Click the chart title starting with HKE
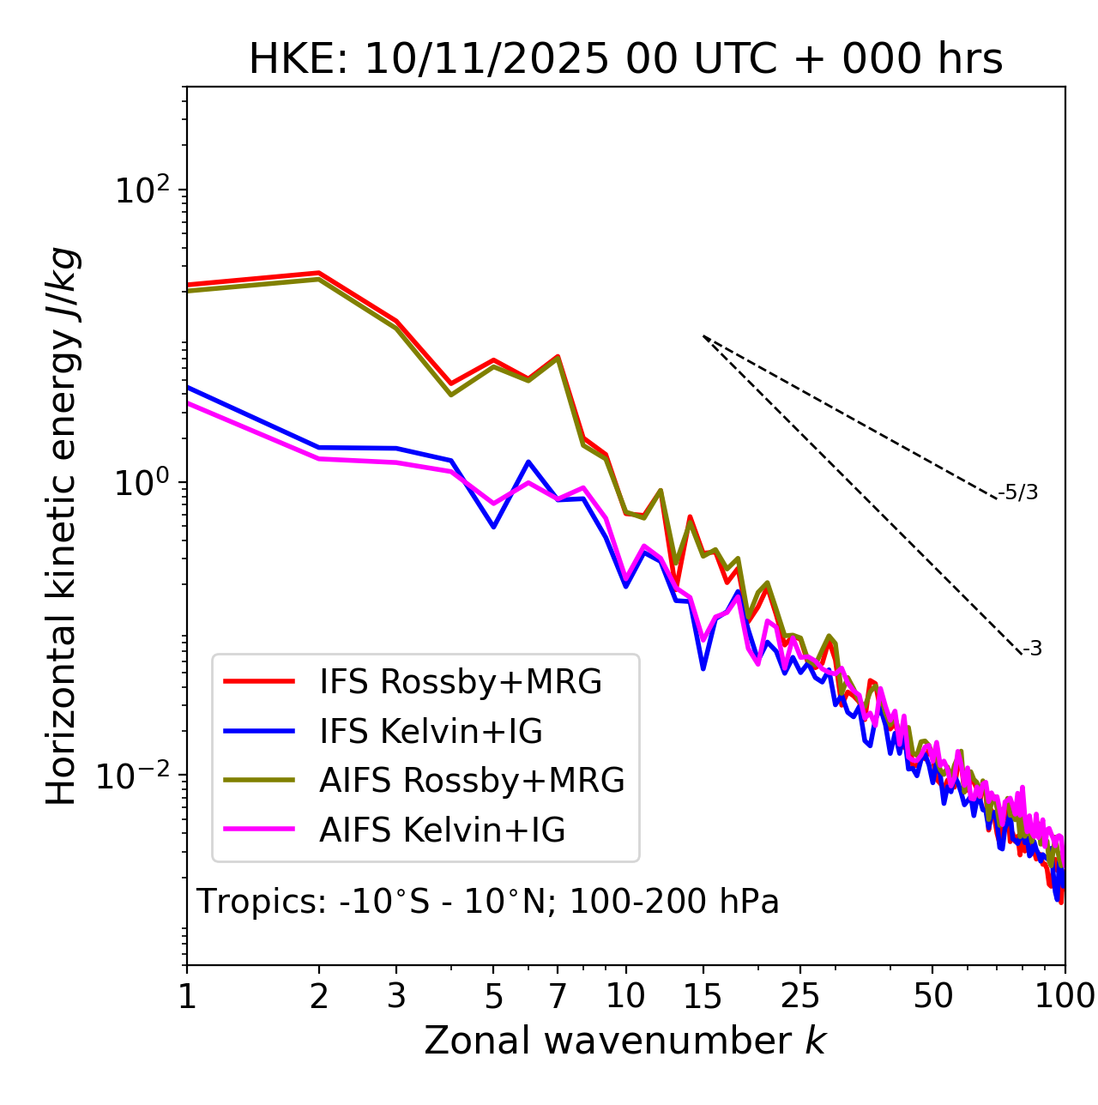(625, 60)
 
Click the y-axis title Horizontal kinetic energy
(63, 526)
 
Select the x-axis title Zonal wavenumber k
(624, 1041)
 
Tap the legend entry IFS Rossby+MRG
(460, 682)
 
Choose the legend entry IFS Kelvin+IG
(431, 732)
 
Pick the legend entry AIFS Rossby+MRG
(472, 781)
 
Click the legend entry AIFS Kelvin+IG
(442, 830)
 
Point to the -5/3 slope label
(1018, 492)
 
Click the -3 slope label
(1032, 649)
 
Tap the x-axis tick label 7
(558, 996)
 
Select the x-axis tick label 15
(703, 996)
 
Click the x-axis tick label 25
(800, 996)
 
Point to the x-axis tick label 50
(932, 996)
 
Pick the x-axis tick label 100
(1065, 996)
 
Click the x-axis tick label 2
(319, 996)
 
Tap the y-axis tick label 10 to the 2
(144, 190)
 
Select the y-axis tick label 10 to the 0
(144, 483)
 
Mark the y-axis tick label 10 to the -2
(137, 776)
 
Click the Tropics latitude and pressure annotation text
(488, 903)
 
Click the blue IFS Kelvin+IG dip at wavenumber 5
(493, 526)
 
